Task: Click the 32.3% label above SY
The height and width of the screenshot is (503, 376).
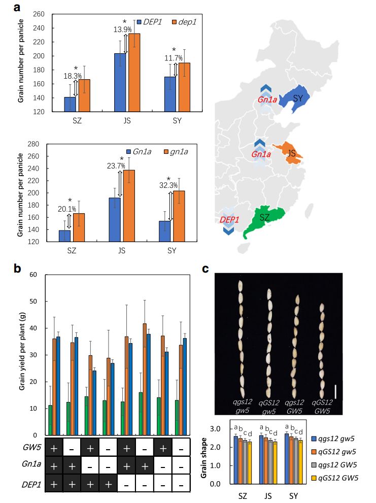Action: (x=169, y=186)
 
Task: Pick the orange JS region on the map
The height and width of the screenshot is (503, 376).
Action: (x=291, y=153)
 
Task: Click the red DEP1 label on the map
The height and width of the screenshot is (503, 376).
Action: (x=229, y=220)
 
